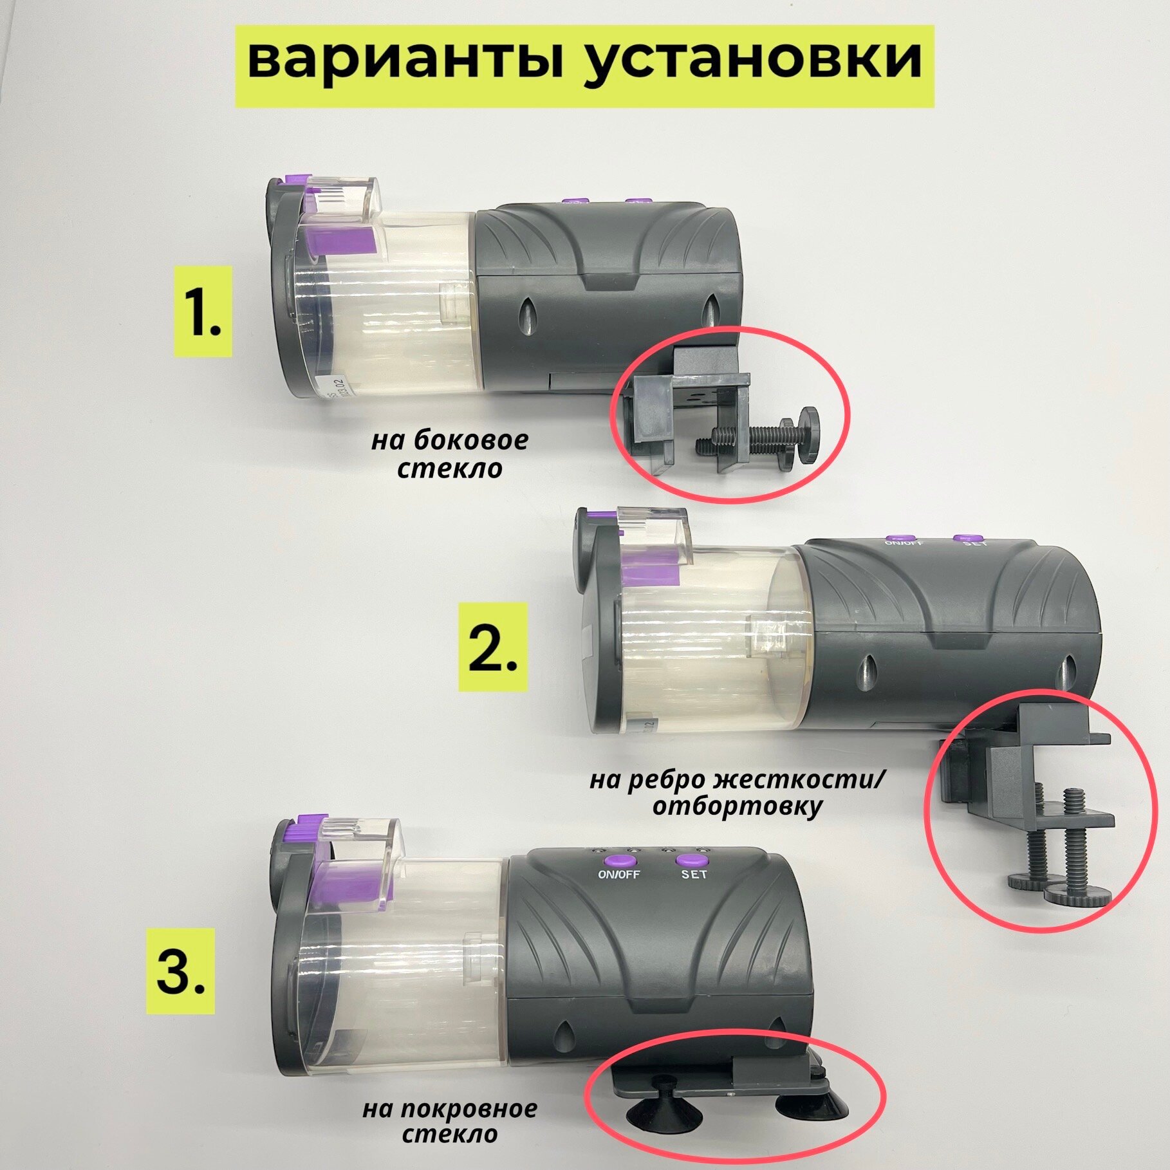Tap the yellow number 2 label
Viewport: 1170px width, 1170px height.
tap(492, 647)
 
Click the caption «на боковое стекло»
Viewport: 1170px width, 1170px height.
tap(449, 454)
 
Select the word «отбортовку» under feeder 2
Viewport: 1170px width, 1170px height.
tap(738, 806)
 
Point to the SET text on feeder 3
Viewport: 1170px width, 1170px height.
tap(694, 874)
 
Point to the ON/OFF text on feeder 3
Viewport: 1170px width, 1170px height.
tap(619, 875)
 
